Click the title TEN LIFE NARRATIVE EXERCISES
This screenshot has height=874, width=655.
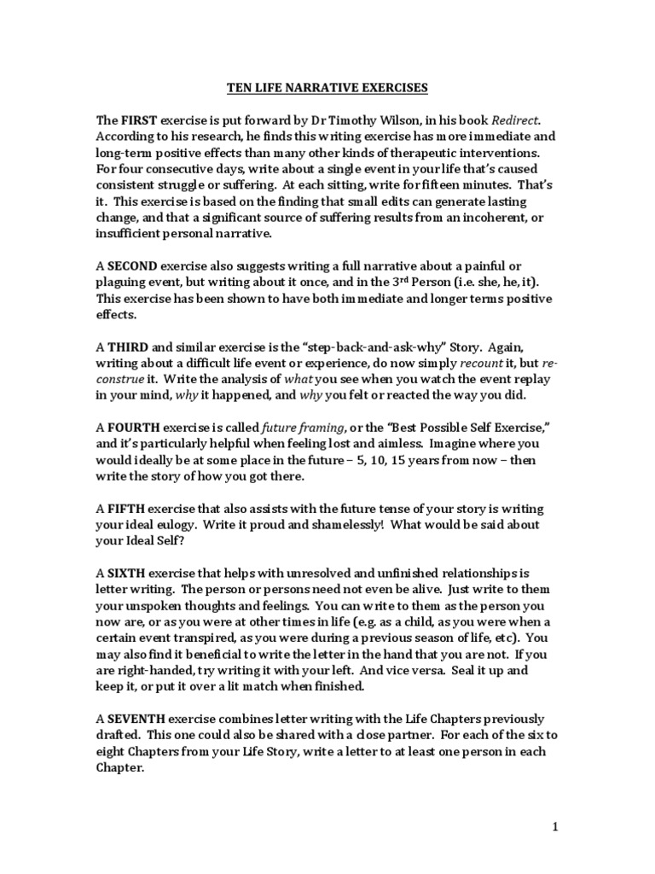[327, 87]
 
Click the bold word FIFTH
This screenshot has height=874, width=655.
[127, 507]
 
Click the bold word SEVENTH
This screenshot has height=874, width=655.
[137, 718]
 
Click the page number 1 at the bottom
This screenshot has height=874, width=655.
[554, 826]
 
